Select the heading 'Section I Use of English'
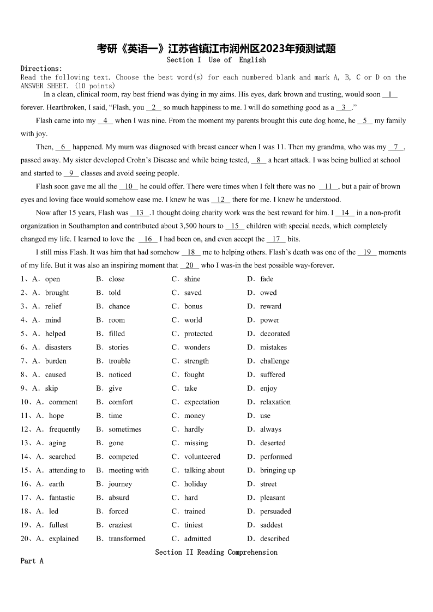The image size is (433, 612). (x=216, y=60)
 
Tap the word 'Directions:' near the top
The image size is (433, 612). (x=41, y=69)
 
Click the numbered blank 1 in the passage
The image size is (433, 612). (x=390, y=94)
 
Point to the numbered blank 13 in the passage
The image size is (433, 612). (x=140, y=213)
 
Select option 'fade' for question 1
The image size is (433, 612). (x=267, y=279)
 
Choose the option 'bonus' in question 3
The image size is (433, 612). (x=193, y=306)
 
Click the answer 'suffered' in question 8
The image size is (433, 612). (x=272, y=374)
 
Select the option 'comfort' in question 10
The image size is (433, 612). (x=121, y=402)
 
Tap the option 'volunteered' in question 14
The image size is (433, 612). (x=202, y=457)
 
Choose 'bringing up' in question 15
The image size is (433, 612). (x=278, y=470)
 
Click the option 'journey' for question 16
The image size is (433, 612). (x=120, y=484)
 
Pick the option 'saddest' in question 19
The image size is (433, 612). (x=271, y=525)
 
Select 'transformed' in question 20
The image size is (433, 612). (x=127, y=538)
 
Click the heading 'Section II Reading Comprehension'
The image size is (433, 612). (x=216, y=552)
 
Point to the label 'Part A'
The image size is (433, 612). (x=32, y=561)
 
